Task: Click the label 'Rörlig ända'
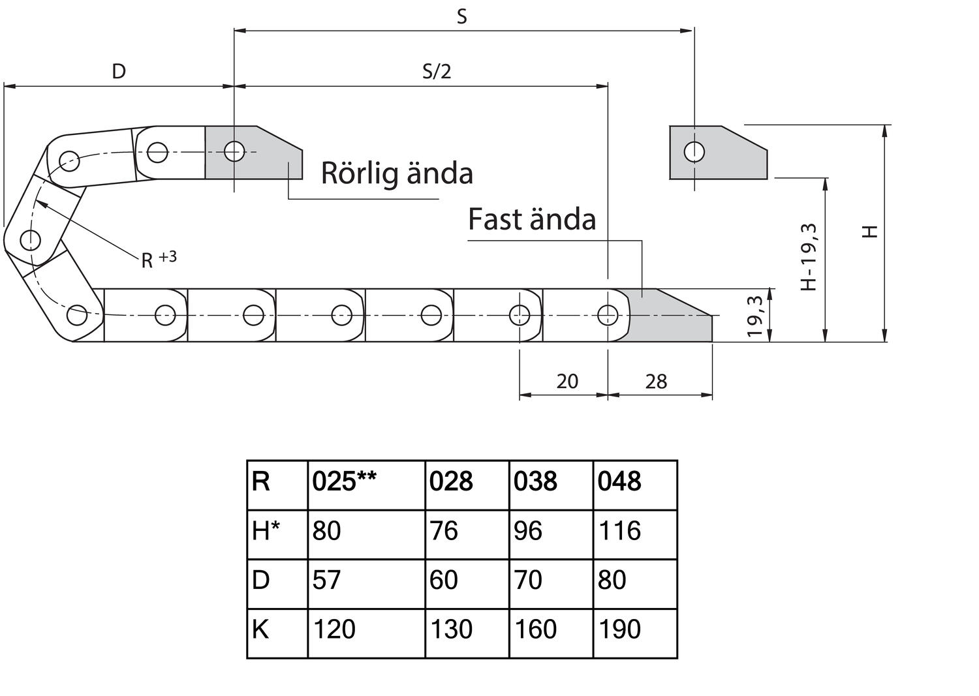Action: point(397,174)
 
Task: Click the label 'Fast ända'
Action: point(532,220)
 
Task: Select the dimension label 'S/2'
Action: point(437,71)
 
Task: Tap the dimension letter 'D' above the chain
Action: point(119,71)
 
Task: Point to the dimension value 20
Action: point(567,382)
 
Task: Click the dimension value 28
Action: point(656,382)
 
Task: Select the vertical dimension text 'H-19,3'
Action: point(809,256)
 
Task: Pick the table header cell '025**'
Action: point(344,482)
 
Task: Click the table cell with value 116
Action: point(619,531)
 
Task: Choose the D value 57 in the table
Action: point(326,580)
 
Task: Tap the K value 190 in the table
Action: point(619,629)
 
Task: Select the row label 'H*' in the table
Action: point(266,531)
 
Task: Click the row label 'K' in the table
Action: point(260,629)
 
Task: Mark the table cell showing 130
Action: point(452,629)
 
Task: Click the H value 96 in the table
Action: point(527,531)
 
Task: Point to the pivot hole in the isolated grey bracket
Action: point(694,152)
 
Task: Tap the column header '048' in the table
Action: point(619,482)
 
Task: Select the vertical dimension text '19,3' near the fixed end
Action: point(755,316)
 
